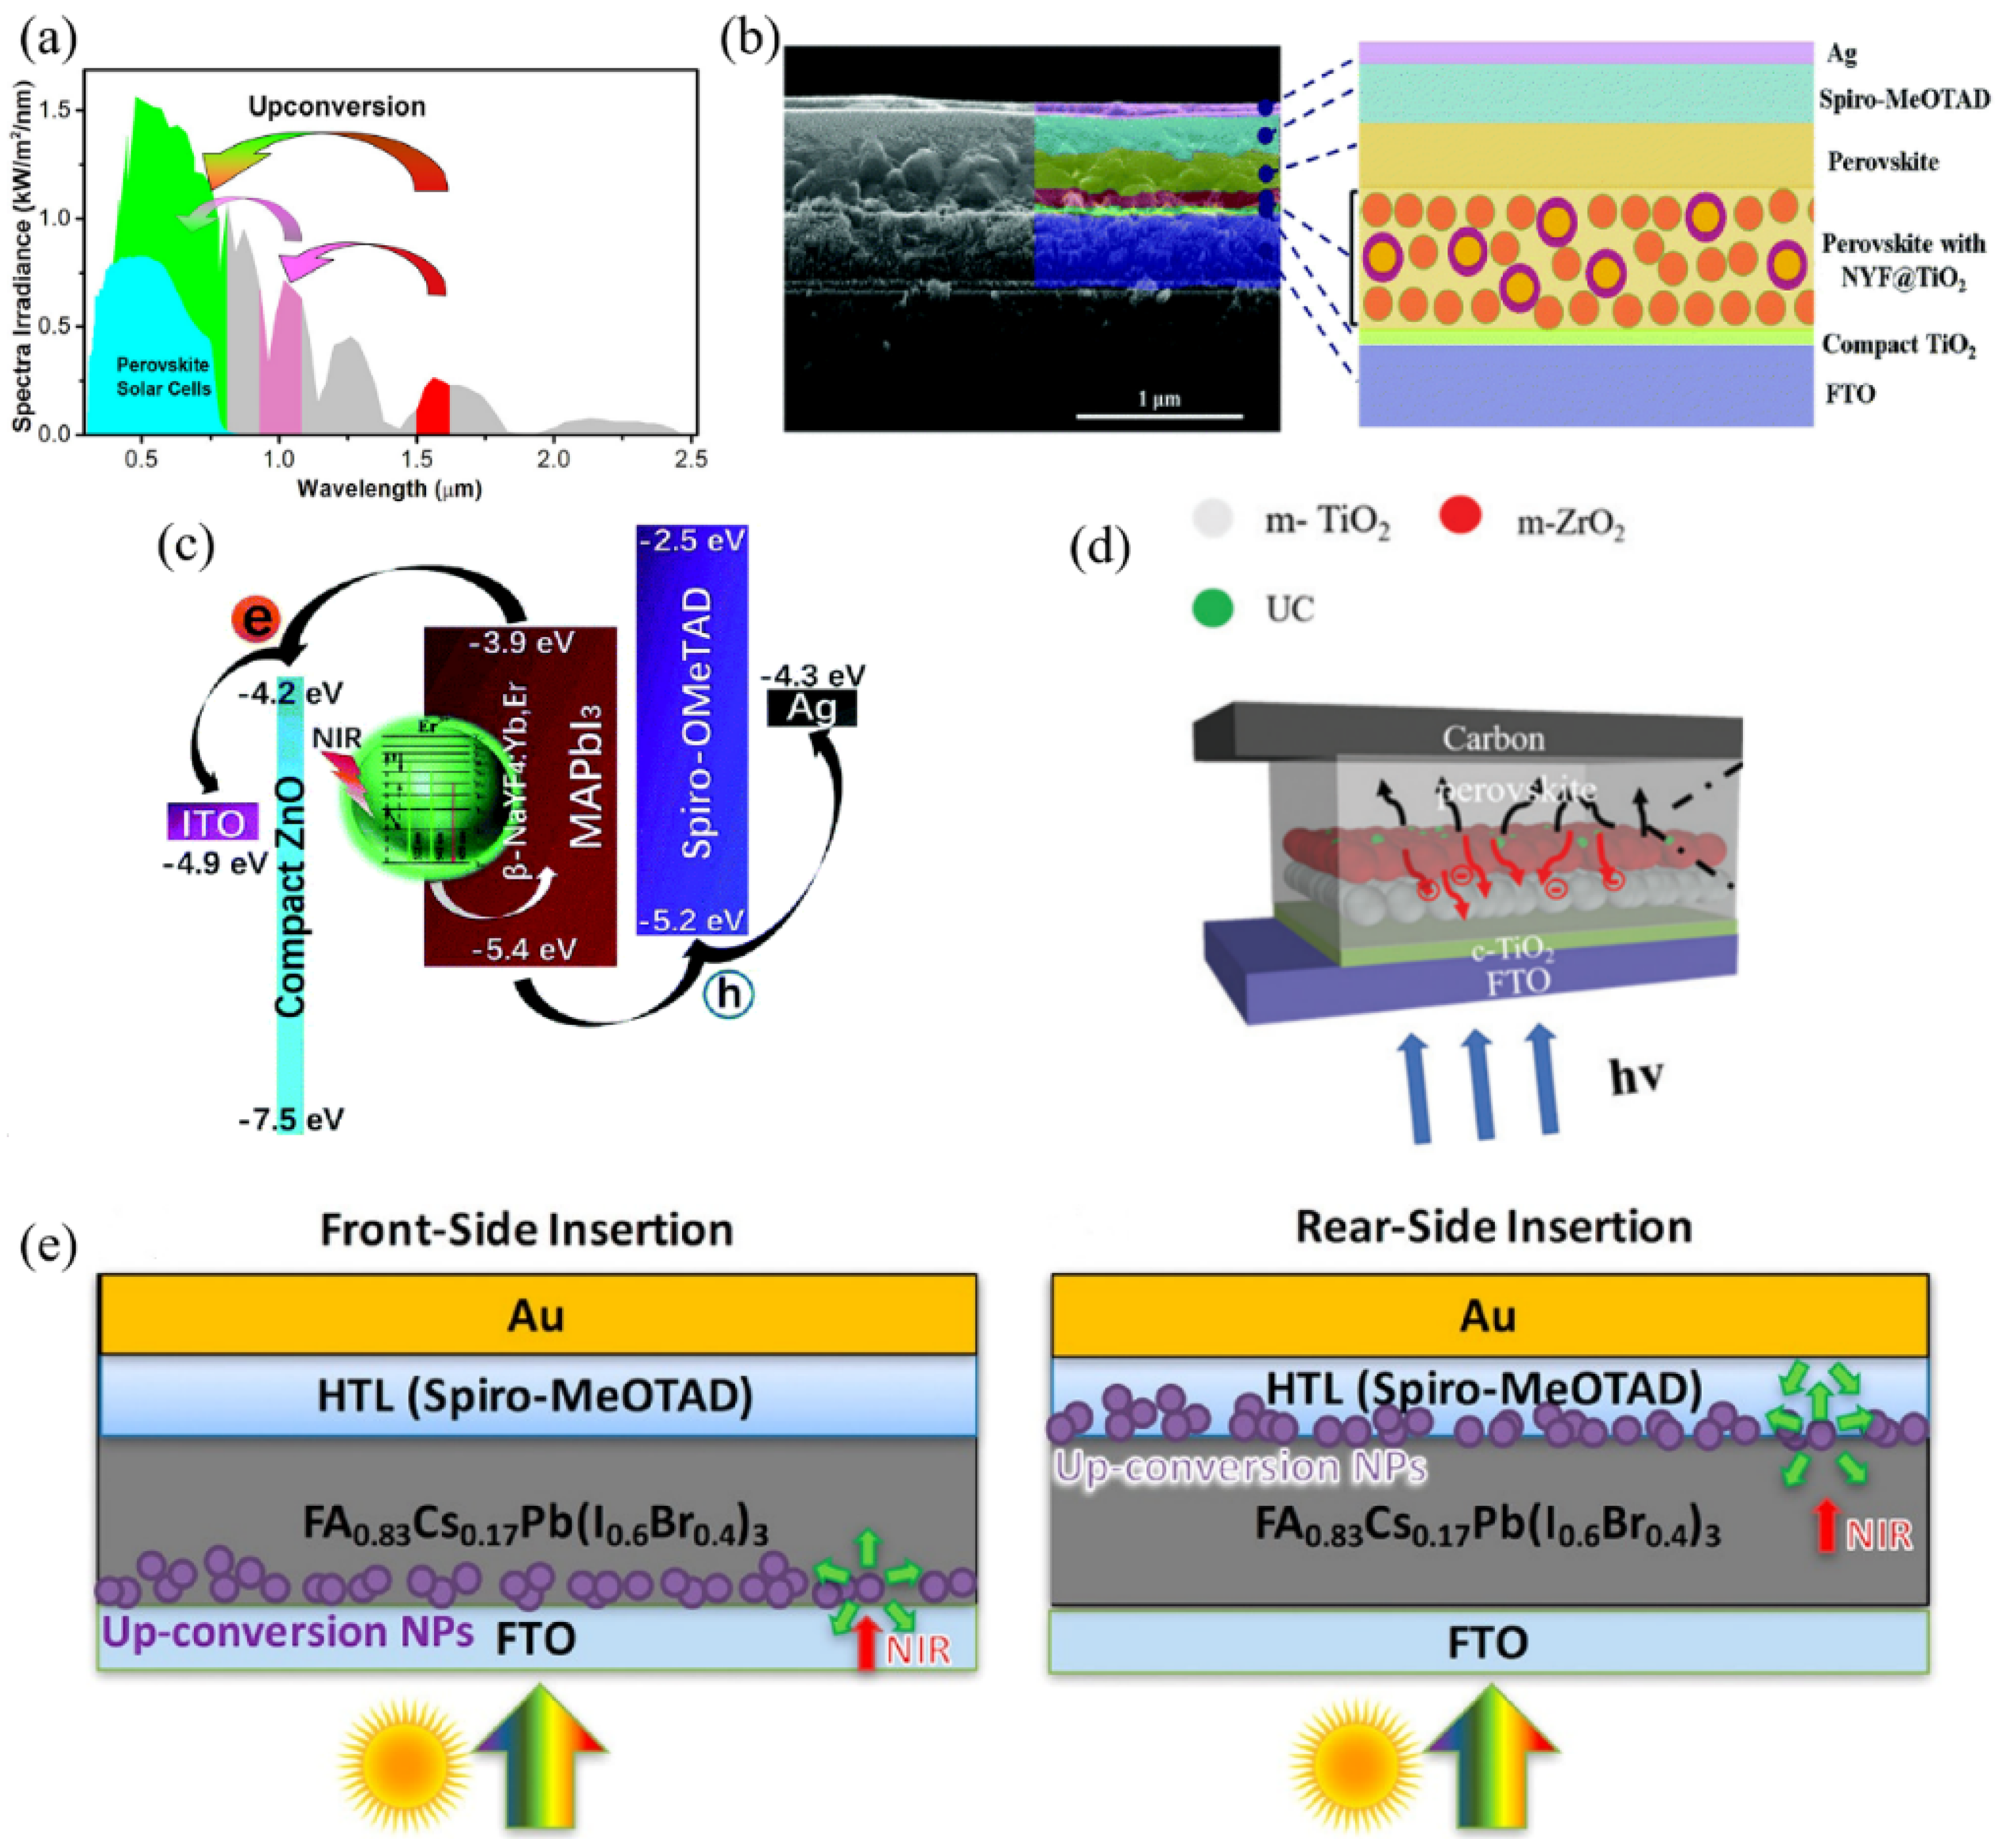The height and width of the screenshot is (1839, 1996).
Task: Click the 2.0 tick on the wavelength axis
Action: [553, 459]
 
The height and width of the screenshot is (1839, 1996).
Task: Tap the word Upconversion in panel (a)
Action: [337, 107]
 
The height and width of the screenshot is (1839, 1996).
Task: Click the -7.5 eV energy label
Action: [290, 1120]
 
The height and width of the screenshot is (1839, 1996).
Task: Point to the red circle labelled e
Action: [256, 619]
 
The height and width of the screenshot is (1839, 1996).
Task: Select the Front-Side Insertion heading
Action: [526, 1230]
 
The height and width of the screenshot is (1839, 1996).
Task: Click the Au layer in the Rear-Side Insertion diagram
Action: [1489, 1316]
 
